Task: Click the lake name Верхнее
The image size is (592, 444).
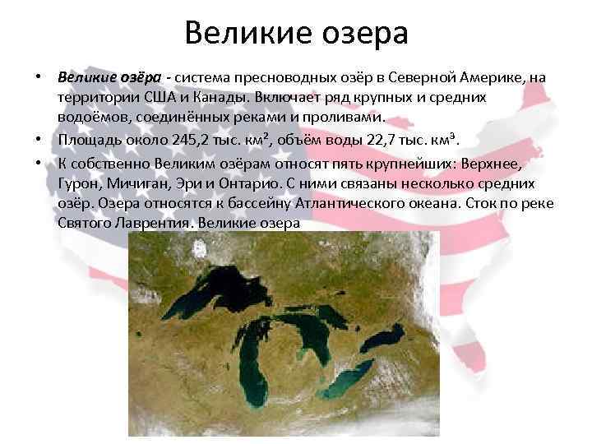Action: coord(492,163)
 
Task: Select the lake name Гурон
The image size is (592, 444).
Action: coord(76,183)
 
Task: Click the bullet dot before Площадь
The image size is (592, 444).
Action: coord(39,138)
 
